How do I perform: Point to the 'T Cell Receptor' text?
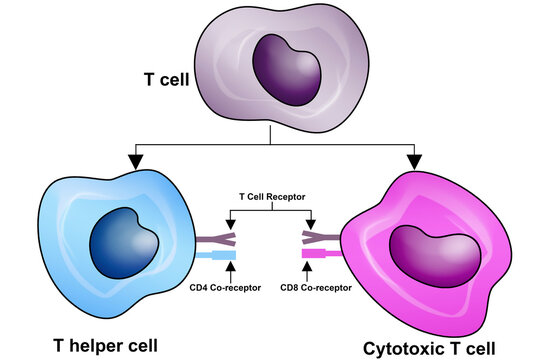pyautogui.click(x=270, y=197)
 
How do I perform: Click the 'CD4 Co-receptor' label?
pyautogui.click(x=225, y=287)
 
